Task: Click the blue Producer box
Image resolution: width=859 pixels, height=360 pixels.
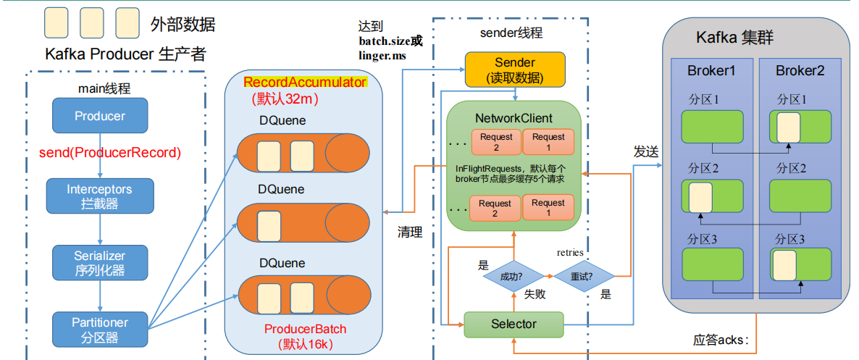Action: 100,116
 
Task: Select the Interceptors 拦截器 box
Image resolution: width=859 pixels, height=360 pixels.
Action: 100,196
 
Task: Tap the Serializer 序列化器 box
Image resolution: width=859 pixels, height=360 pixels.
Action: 100,262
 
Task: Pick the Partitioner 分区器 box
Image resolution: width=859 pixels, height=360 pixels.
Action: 100,330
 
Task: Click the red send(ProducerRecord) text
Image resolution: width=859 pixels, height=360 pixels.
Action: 109,153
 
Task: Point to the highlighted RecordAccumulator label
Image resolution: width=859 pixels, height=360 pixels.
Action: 305,83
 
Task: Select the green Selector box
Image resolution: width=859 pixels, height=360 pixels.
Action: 514,324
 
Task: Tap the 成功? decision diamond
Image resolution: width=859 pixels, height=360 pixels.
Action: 512,276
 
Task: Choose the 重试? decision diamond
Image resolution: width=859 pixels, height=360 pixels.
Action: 584,276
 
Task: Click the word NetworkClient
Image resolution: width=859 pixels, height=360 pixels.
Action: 514,118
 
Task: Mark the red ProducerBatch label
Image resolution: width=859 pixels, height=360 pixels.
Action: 305,329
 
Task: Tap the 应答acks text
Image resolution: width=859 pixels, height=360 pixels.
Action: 720,339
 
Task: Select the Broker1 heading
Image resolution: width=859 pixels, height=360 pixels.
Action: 711,71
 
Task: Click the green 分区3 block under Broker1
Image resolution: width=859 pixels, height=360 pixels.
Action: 712,265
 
